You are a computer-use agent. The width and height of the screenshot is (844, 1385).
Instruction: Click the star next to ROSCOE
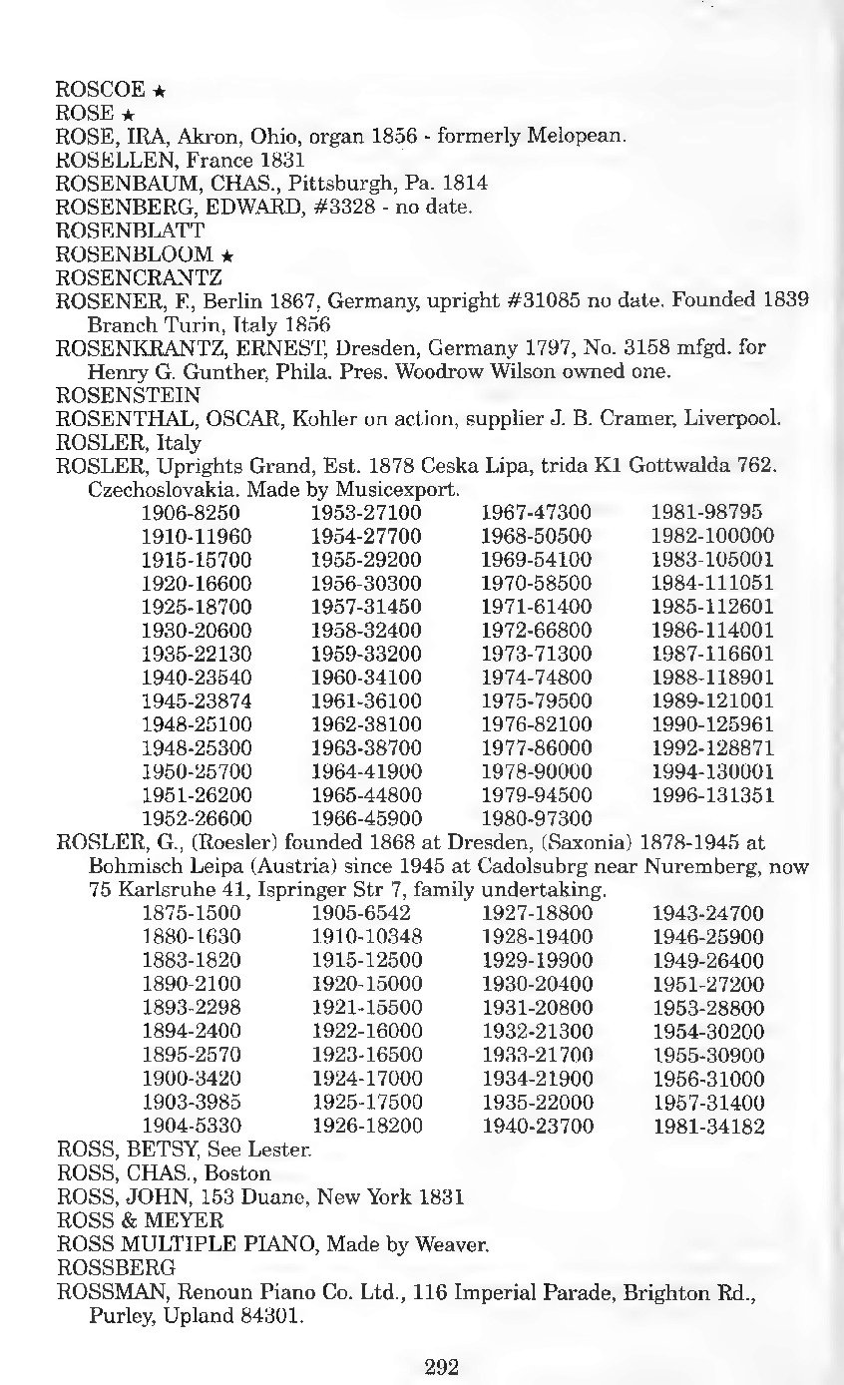(160, 91)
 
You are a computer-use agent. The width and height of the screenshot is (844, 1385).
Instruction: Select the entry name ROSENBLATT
(130, 231)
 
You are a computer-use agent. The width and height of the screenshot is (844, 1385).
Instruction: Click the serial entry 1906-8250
(191, 513)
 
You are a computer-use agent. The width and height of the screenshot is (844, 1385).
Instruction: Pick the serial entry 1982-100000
(712, 536)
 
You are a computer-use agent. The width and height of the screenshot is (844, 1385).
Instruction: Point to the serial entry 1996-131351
(712, 795)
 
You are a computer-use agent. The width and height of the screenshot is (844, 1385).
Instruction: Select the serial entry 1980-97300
(536, 818)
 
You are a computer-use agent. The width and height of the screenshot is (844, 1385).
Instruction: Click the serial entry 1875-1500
(192, 912)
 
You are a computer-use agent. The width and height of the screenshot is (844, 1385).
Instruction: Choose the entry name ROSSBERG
(117, 1267)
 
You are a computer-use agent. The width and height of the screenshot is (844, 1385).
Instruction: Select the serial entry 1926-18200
(367, 1128)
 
